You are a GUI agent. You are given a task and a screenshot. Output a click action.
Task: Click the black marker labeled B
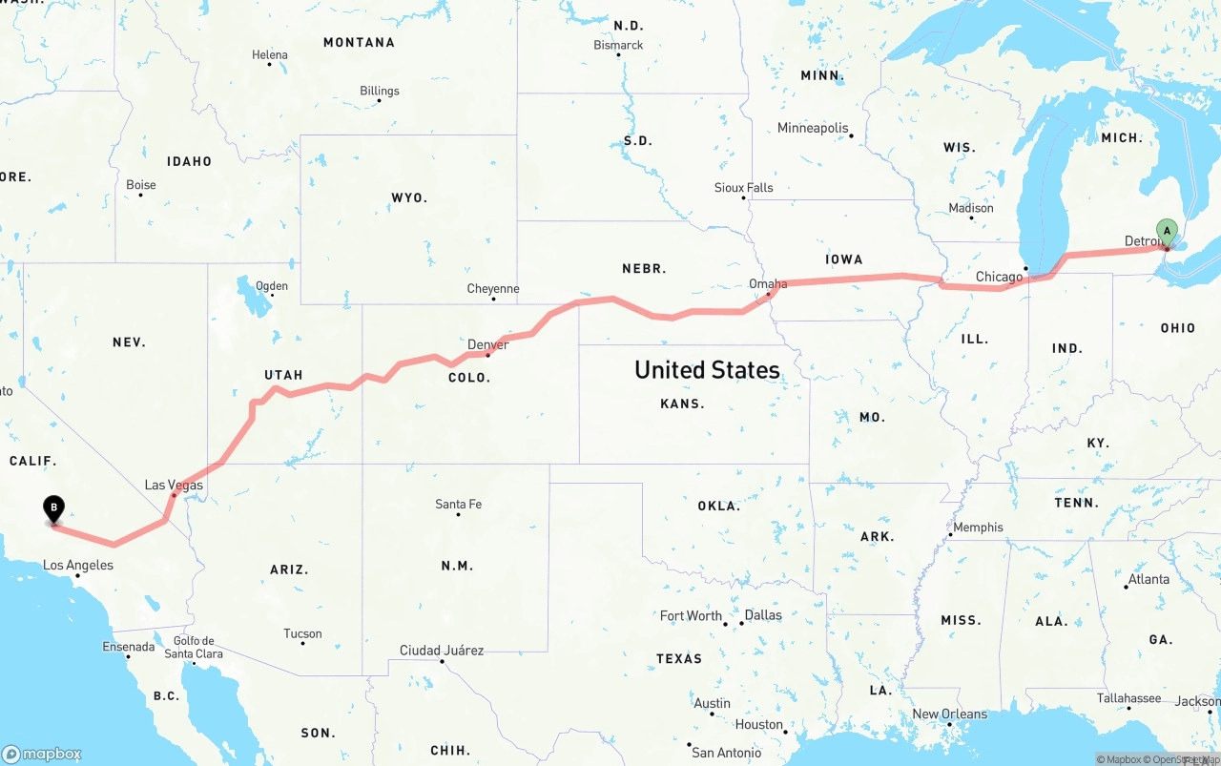point(54,508)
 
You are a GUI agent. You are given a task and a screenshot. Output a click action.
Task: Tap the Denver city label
point(487,344)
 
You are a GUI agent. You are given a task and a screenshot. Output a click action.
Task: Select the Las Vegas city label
point(174,485)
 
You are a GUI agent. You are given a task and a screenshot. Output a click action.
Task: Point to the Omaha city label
point(768,283)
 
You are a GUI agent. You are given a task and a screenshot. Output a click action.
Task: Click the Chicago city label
point(999,277)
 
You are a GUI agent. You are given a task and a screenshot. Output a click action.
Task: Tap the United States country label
point(707,370)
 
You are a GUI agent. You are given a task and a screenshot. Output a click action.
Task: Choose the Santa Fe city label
point(458,504)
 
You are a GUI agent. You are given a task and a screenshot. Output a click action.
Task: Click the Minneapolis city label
point(813,128)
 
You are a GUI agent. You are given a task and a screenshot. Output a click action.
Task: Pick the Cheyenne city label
point(493,289)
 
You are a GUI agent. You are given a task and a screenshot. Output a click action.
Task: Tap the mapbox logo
point(42,754)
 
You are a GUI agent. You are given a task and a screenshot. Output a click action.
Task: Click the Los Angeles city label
point(78,565)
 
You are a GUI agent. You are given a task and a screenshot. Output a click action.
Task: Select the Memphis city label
point(978,527)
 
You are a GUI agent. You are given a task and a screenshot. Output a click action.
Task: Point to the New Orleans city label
point(950,714)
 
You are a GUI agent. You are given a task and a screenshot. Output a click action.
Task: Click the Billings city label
point(380,91)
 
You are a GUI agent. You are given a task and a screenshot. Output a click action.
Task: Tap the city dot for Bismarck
point(618,54)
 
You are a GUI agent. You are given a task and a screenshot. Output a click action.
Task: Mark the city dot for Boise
point(140,197)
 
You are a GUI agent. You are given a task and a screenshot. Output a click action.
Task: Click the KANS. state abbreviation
point(682,404)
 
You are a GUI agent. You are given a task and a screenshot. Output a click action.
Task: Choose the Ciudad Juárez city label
point(442,651)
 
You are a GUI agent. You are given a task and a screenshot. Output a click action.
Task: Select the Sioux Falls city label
point(744,187)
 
